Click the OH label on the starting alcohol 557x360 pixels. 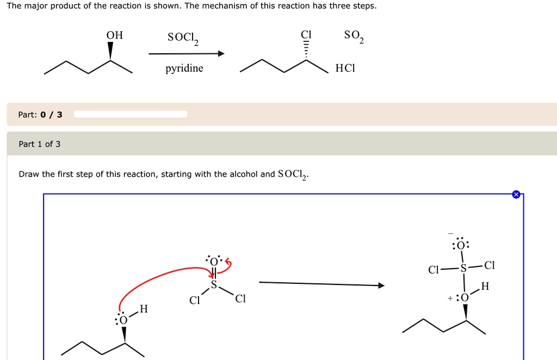point(114,35)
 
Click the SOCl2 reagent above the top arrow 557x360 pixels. point(184,38)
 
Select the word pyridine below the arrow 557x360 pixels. point(184,69)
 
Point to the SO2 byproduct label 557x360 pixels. point(354,36)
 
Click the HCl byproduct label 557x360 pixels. point(345,69)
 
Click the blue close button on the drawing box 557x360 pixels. point(516,194)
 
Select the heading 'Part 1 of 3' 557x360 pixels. point(40,144)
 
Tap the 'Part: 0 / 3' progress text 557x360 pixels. point(40,115)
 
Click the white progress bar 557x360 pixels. point(131,114)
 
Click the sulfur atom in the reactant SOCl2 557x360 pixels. point(214,284)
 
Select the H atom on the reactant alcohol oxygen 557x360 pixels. point(144,309)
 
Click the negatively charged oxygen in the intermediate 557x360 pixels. point(460,245)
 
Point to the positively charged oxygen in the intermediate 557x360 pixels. point(464,297)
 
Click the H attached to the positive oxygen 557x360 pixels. point(485,287)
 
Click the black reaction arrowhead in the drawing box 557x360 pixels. point(381,285)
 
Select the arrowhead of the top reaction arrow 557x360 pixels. point(221,54)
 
